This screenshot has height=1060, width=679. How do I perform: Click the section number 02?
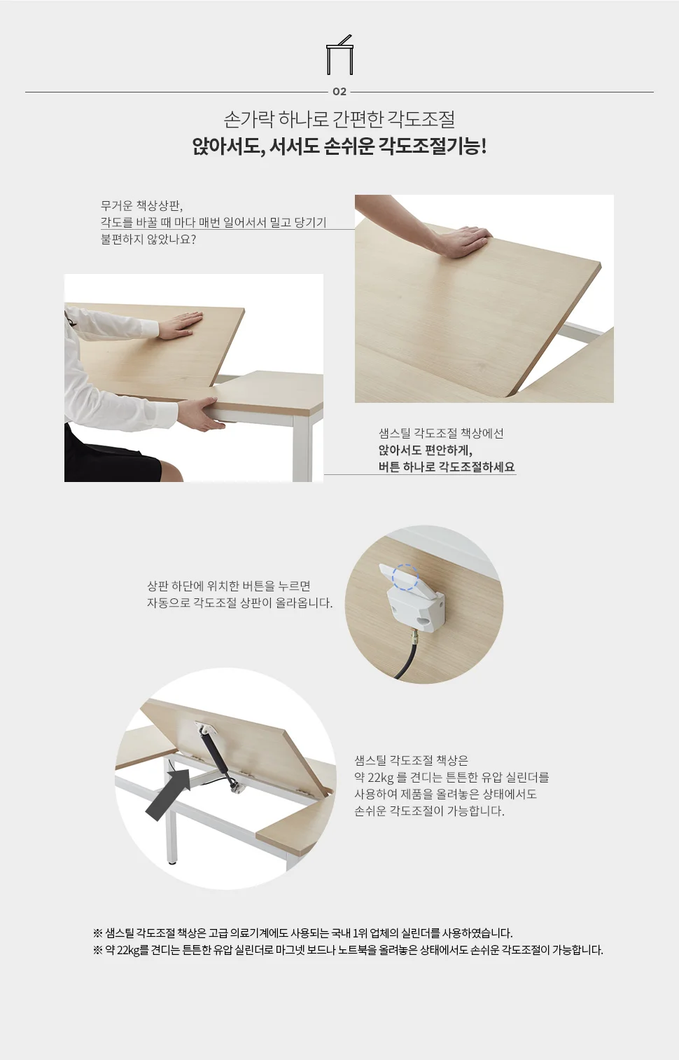[339, 92]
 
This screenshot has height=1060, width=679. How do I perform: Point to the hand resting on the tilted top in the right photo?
[465, 241]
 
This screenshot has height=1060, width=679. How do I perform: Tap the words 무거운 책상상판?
[141, 206]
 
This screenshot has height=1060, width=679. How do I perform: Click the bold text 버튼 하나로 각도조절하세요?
[447, 467]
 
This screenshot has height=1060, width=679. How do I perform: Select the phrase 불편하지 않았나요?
[148, 239]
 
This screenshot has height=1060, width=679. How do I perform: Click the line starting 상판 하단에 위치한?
[229, 586]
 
